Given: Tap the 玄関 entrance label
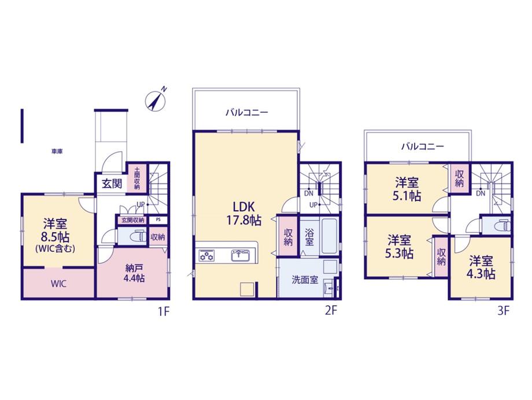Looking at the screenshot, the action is [x=112, y=184].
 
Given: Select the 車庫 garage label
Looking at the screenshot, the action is [x=57, y=152].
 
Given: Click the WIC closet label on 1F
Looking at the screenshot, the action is [x=58, y=284].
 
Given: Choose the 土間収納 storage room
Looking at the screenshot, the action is [x=137, y=178].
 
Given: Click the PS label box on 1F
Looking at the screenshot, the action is [x=158, y=220].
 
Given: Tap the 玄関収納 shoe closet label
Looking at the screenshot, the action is [x=132, y=220].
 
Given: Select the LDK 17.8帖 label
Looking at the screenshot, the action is [x=243, y=214].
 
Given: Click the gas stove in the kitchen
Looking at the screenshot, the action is [x=206, y=255].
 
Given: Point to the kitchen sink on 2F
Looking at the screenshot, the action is [x=241, y=255].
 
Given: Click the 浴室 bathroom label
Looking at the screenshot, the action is [x=309, y=237].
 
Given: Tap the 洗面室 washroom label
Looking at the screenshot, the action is [x=305, y=280].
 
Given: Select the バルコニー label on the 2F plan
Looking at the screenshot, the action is [x=247, y=112].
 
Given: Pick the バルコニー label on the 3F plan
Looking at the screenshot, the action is [x=422, y=146].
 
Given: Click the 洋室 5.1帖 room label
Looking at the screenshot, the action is [x=407, y=189].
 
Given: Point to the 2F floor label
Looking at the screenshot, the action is [x=331, y=311].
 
